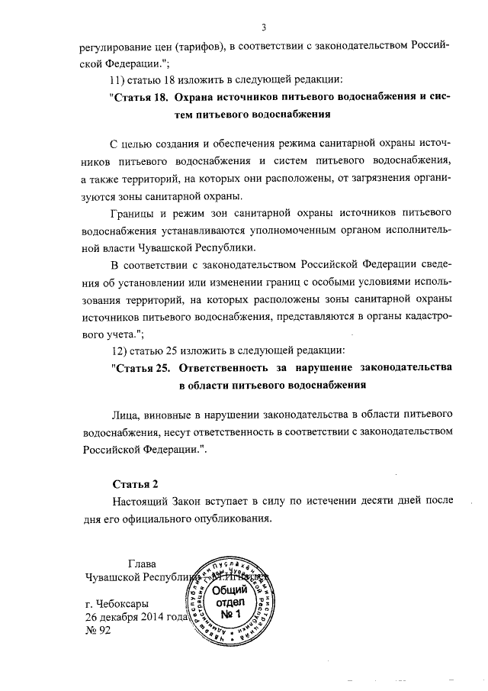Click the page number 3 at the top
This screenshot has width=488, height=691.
click(262, 28)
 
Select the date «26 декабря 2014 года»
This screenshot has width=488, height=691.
click(136, 617)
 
